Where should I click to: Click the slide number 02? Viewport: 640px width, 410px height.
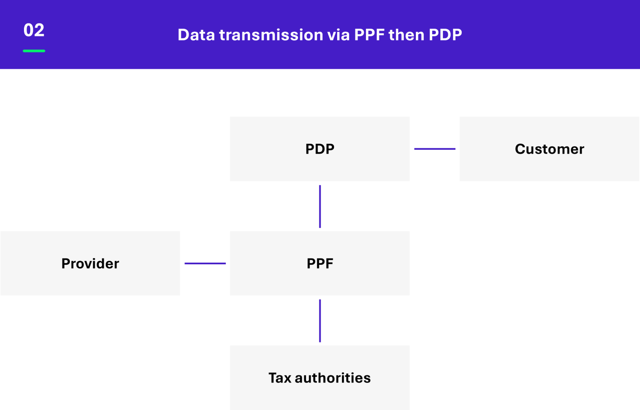(x=34, y=30)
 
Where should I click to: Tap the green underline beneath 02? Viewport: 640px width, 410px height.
(x=34, y=51)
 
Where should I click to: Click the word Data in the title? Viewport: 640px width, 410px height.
(x=196, y=35)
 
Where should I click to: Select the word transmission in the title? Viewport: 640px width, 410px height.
(x=271, y=35)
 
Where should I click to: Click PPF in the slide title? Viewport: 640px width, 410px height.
(x=369, y=35)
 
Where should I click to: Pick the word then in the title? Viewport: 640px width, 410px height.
(x=407, y=35)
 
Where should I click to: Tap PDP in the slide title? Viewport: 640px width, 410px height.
(x=445, y=35)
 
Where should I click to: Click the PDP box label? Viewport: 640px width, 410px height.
(x=320, y=149)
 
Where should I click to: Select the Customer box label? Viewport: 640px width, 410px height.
(x=549, y=149)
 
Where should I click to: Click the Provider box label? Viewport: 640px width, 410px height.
(x=90, y=263)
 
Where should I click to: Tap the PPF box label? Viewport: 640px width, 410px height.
(x=320, y=263)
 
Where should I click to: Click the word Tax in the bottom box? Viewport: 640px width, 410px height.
(x=280, y=378)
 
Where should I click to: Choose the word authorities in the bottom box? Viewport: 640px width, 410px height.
(x=333, y=378)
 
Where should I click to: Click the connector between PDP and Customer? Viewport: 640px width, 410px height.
(x=435, y=149)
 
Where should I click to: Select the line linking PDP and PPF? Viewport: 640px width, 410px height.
(x=320, y=207)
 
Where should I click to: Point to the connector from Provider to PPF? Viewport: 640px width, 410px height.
(x=205, y=263)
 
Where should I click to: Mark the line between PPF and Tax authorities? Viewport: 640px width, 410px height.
(x=320, y=321)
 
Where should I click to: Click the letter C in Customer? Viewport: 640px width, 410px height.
(x=520, y=149)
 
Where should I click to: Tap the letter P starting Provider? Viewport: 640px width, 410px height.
(x=66, y=263)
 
